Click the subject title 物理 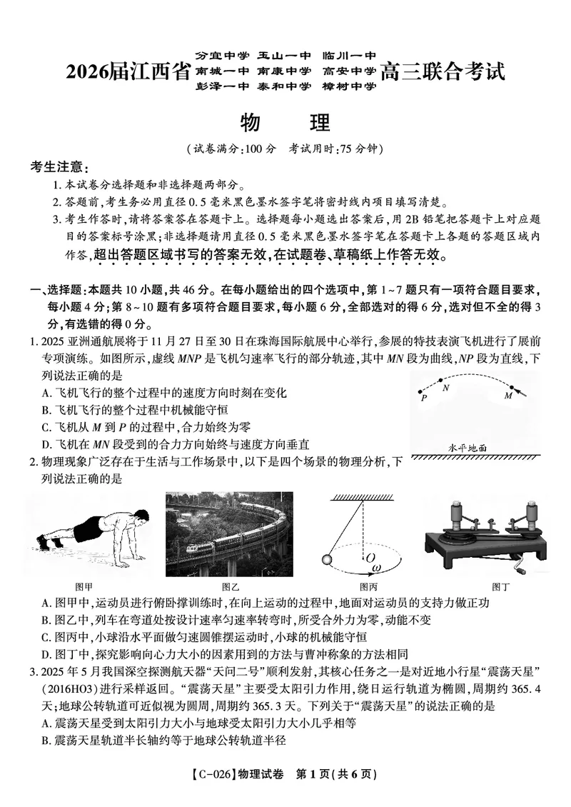tap(285, 122)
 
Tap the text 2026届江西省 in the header tap(127, 71)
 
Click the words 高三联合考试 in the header tap(442, 71)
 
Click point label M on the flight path tap(508, 394)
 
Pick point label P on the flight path tap(424, 399)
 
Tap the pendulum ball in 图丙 tap(330, 559)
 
